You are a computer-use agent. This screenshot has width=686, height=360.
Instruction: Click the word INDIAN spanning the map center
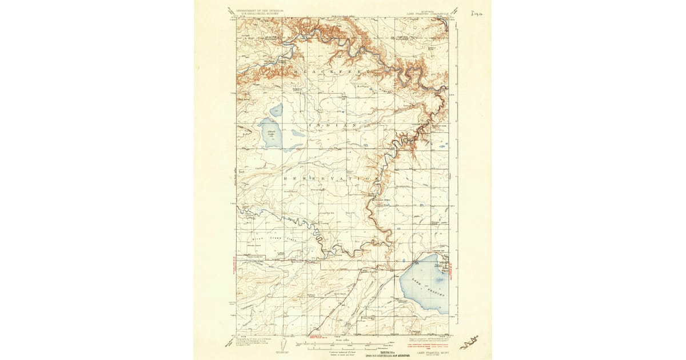point(333,124)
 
